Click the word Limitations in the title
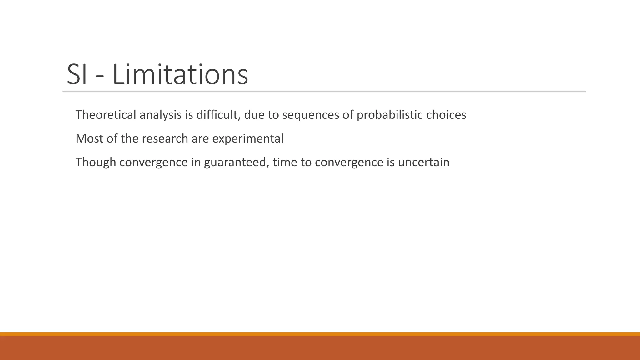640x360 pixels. click(180, 75)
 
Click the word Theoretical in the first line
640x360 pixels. click(106, 115)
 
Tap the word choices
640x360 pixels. click(446, 115)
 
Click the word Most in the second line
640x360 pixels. click(89, 138)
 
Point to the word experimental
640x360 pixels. click(248, 139)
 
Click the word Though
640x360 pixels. click(96, 162)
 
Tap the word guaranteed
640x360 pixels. click(236, 162)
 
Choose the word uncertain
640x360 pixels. click(424, 162)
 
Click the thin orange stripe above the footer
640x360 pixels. click(320, 334)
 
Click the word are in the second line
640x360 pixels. click(200, 139)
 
